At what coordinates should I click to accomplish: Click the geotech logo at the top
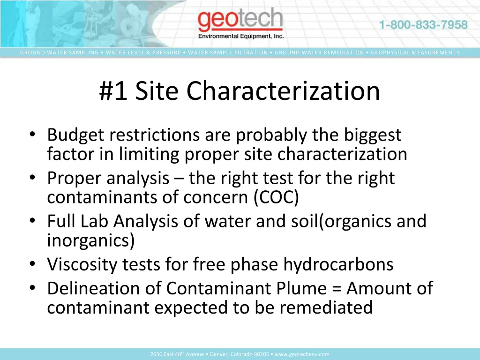tap(240, 21)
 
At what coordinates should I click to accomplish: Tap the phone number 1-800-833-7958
tap(423, 25)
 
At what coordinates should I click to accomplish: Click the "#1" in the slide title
tap(113, 91)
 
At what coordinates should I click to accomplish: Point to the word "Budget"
tap(75, 135)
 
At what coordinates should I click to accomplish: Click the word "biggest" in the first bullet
tap(373, 135)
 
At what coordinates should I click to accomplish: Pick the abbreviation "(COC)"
tap(276, 197)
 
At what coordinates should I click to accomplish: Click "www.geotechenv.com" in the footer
tap(302, 354)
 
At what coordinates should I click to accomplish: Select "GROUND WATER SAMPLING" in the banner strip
tap(59, 52)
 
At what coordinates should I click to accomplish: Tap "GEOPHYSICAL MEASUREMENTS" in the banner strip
tap(415, 52)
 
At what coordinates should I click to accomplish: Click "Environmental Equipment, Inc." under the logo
tap(241, 36)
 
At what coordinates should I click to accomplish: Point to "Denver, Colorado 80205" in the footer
tap(240, 354)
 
